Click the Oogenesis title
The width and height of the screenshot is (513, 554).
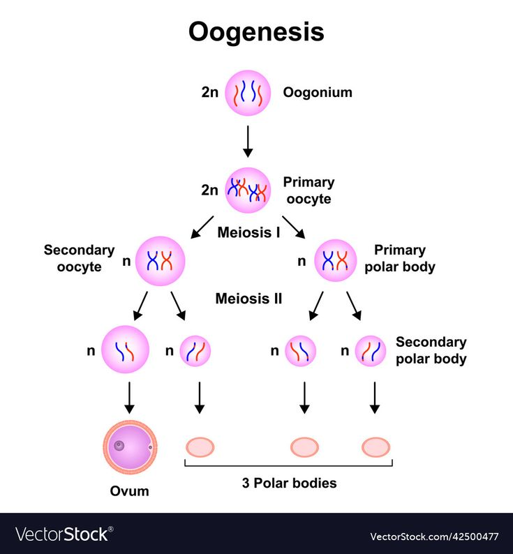(x=256, y=32)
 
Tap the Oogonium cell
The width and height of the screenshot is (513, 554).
(x=247, y=93)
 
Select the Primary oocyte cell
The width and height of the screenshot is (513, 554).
(x=247, y=190)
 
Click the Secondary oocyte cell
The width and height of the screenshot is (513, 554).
(x=160, y=261)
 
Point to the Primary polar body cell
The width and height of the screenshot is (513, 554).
(x=335, y=261)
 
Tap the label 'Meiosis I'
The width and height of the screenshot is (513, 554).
(x=248, y=232)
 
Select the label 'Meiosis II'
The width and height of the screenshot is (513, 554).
(x=248, y=299)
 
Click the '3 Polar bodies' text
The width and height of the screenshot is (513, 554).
(x=289, y=483)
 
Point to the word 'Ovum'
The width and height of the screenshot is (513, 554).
(x=130, y=491)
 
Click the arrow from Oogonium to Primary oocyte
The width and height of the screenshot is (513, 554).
(x=247, y=141)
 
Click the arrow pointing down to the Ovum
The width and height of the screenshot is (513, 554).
(x=128, y=397)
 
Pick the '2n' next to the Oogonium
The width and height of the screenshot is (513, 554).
(x=210, y=92)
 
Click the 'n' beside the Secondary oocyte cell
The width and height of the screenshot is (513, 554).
(x=126, y=262)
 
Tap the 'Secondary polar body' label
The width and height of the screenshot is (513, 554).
(x=431, y=351)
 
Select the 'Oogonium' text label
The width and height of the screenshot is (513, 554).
(x=317, y=92)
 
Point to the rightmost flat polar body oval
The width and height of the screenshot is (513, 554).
(x=376, y=447)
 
